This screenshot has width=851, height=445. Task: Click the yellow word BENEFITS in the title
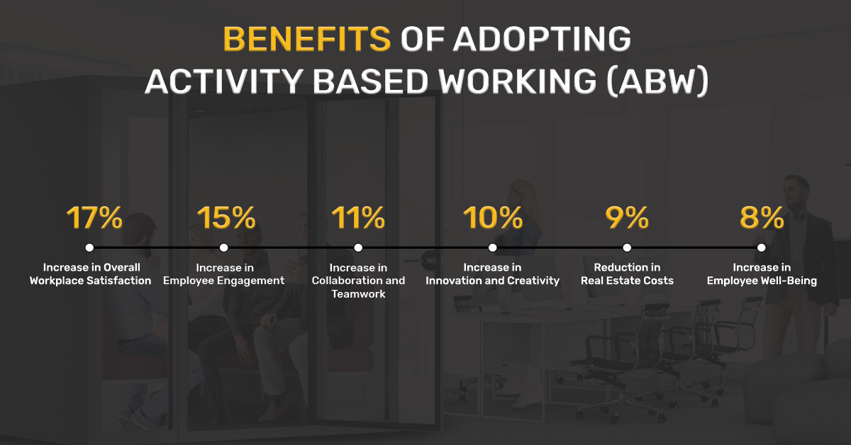pos(306,39)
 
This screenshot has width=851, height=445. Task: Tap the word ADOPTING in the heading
pos(542,39)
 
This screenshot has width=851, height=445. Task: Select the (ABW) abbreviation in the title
pos(657,81)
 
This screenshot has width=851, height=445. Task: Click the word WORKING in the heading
pos(518,81)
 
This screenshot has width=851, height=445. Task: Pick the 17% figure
pos(94,218)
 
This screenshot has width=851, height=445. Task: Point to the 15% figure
pos(226,218)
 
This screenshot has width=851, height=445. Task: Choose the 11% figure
pos(358,218)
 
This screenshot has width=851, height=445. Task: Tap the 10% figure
pos(493,218)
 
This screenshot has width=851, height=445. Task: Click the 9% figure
pos(627,218)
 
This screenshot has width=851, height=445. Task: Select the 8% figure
pos(762,218)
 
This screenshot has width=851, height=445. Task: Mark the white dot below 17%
pos(89,247)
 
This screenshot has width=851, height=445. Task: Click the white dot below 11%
pos(358,247)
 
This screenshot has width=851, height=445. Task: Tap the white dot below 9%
pos(627,247)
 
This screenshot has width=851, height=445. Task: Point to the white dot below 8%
pos(762,247)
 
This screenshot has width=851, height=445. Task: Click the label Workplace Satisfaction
pos(91,281)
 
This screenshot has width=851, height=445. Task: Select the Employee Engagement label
pos(224,281)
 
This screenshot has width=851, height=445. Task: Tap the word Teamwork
pos(358,294)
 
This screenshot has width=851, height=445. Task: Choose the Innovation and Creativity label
pos(492,281)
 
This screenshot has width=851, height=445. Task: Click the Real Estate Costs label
pos(627,281)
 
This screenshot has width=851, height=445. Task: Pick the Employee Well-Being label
pos(762,281)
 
